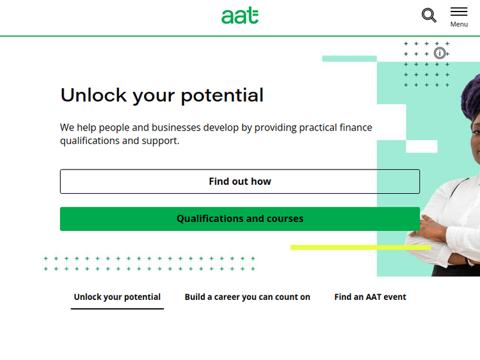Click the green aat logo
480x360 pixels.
(x=240, y=15)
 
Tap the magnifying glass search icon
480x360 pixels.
(x=429, y=15)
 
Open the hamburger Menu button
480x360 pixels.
(x=459, y=12)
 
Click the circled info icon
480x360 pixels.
(x=440, y=53)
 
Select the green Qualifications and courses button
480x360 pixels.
(x=240, y=219)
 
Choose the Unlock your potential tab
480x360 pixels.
(x=117, y=297)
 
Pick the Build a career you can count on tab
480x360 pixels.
(x=247, y=297)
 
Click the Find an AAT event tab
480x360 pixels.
(x=370, y=297)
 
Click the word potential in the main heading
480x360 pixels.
(x=222, y=95)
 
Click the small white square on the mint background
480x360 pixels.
(x=422, y=146)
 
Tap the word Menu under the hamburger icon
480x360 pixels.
(x=459, y=24)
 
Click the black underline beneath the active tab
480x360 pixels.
(x=117, y=309)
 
